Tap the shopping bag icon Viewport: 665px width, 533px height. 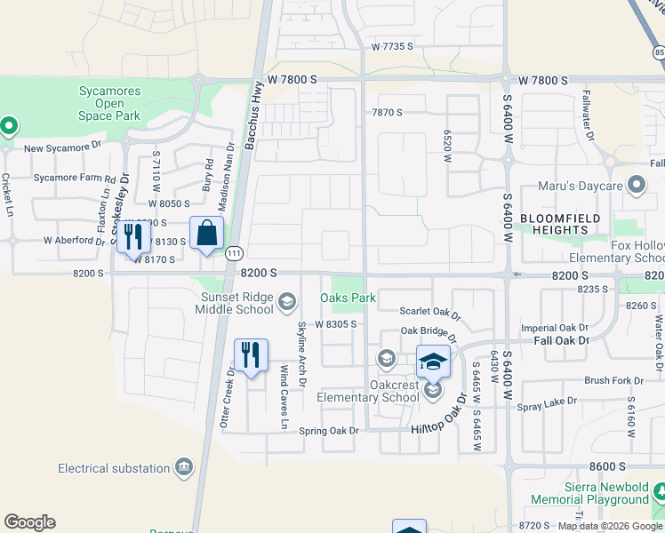(x=206, y=234)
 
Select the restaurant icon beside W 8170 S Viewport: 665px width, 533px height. (x=133, y=236)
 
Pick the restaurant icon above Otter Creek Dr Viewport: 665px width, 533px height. (x=251, y=355)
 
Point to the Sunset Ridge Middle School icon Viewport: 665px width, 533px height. (x=286, y=303)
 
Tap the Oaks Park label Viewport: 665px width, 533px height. (x=348, y=298)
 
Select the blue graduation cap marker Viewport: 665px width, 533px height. (x=433, y=362)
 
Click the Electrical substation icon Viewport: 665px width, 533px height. (x=184, y=466)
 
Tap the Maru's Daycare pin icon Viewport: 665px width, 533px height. (x=636, y=186)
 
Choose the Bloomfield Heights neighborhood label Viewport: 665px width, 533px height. (x=560, y=224)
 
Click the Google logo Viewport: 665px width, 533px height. (x=29, y=522)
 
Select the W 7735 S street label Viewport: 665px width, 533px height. (x=395, y=45)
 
